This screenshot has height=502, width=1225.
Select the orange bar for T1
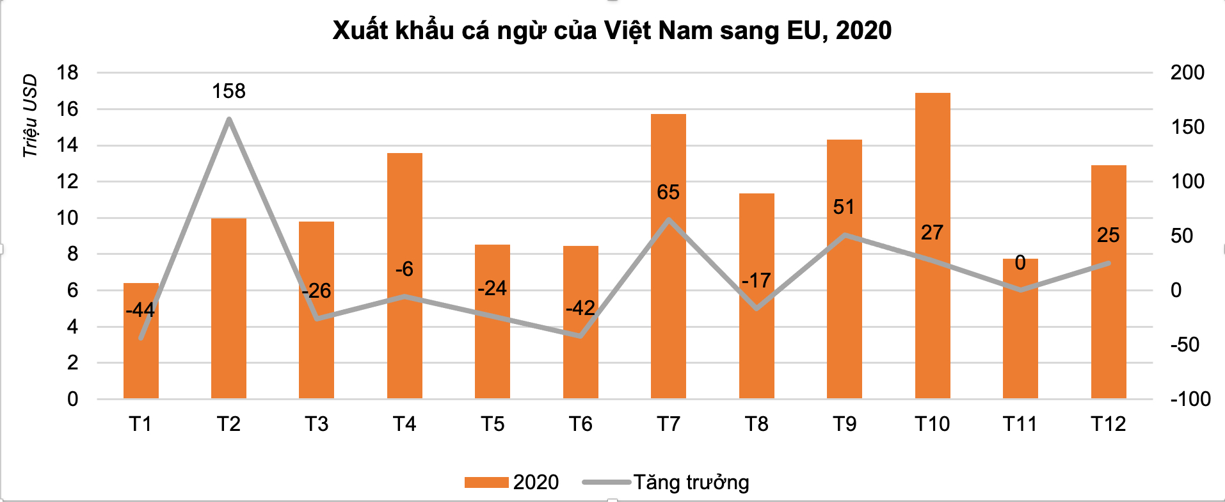(141, 359)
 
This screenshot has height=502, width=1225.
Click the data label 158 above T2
(229, 92)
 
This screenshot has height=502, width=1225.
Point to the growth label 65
(668, 193)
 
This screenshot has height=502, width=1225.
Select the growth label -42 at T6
(580, 309)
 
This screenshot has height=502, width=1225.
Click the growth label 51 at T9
(844, 207)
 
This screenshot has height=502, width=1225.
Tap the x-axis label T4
(404, 424)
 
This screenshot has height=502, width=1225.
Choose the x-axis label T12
(1108, 424)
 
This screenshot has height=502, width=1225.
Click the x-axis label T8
(757, 424)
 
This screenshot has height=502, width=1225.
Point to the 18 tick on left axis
(67, 73)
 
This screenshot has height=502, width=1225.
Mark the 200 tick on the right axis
(1187, 73)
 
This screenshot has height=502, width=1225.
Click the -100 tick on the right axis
(1190, 400)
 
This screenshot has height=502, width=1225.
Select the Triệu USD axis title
(30, 116)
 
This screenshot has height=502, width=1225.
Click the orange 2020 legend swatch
(486, 483)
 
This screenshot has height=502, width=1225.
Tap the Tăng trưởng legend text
(691, 483)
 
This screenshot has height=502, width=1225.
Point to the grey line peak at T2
(229, 118)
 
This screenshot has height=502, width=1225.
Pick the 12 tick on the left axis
(67, 182)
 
